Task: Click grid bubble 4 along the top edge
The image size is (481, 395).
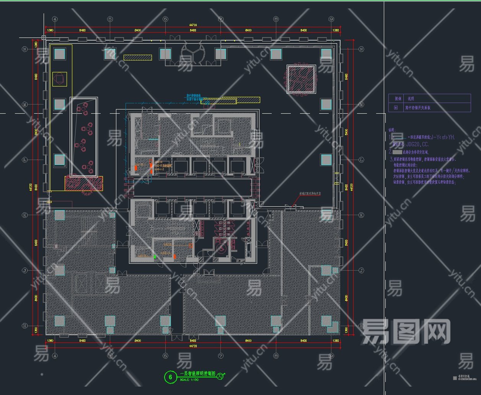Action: pos(55,19)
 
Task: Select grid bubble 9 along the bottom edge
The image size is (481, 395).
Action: pos(331,356)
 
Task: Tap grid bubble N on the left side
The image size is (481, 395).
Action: pos(25,49)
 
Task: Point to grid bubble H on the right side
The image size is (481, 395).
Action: pos(361,326)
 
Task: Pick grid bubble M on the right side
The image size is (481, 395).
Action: pos(361,104)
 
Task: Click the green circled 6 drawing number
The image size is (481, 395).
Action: pos(170,377)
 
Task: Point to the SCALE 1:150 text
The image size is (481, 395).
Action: pos(190,380)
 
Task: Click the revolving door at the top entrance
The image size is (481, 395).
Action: pos(193,53)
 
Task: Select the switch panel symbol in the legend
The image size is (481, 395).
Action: pos(396,108)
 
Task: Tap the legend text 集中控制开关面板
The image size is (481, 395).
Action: pos(418,108)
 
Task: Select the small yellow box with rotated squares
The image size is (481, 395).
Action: pos(59,79)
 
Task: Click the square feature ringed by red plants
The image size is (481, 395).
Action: pos(301,79)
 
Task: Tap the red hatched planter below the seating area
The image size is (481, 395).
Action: pos(83,183)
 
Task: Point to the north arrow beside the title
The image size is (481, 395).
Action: pos(221,377)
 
